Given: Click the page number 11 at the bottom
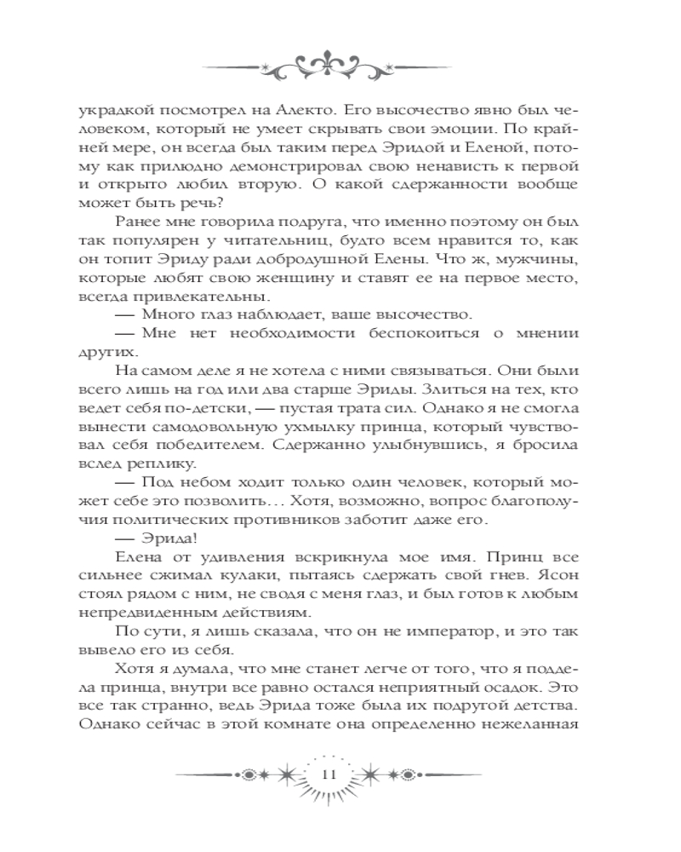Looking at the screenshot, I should point(332,774).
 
